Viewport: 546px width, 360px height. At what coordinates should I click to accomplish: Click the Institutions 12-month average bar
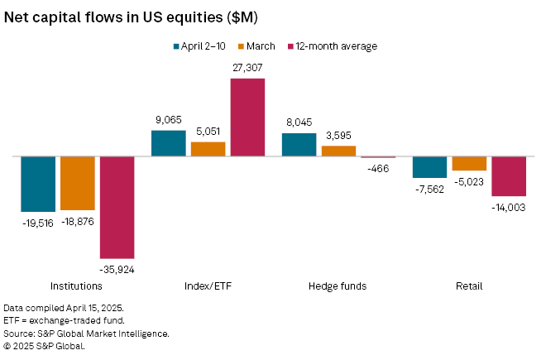point(117,207)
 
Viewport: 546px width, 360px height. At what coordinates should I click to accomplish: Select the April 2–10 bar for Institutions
point(38,184)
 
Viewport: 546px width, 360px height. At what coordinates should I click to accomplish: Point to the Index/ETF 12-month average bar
point(247,117)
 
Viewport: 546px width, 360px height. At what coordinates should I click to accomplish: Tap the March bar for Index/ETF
point(208,149)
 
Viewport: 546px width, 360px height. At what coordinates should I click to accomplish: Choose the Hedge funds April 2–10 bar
point(299,144)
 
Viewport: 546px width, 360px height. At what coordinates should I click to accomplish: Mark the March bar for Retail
point(469,163)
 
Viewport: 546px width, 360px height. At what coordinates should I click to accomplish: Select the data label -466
point(378,167)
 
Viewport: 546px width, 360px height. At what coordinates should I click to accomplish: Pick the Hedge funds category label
point(338,286)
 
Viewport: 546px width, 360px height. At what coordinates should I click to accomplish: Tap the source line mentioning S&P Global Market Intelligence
point(87,334)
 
